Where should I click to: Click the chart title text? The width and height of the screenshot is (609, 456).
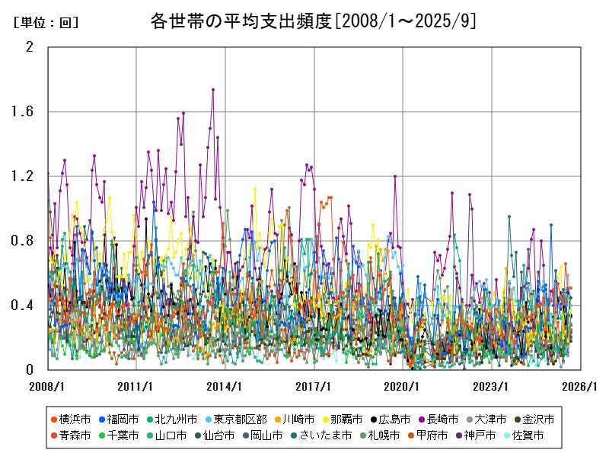pyautogui.click(x=313, y=21)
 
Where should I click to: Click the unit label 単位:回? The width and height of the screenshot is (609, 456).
pyautogui.click(x=46, y=23)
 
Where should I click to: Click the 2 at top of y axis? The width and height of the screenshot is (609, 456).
pyautogui.click(x=30, y=47)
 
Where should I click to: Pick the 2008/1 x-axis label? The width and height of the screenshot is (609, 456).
pyautogui.click(x=47, y=386)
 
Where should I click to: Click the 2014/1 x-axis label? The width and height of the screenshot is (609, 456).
pyautogui.click(x=225, y=386)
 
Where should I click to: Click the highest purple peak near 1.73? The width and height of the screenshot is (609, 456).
pyautogui.click(x=213, y=90)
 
